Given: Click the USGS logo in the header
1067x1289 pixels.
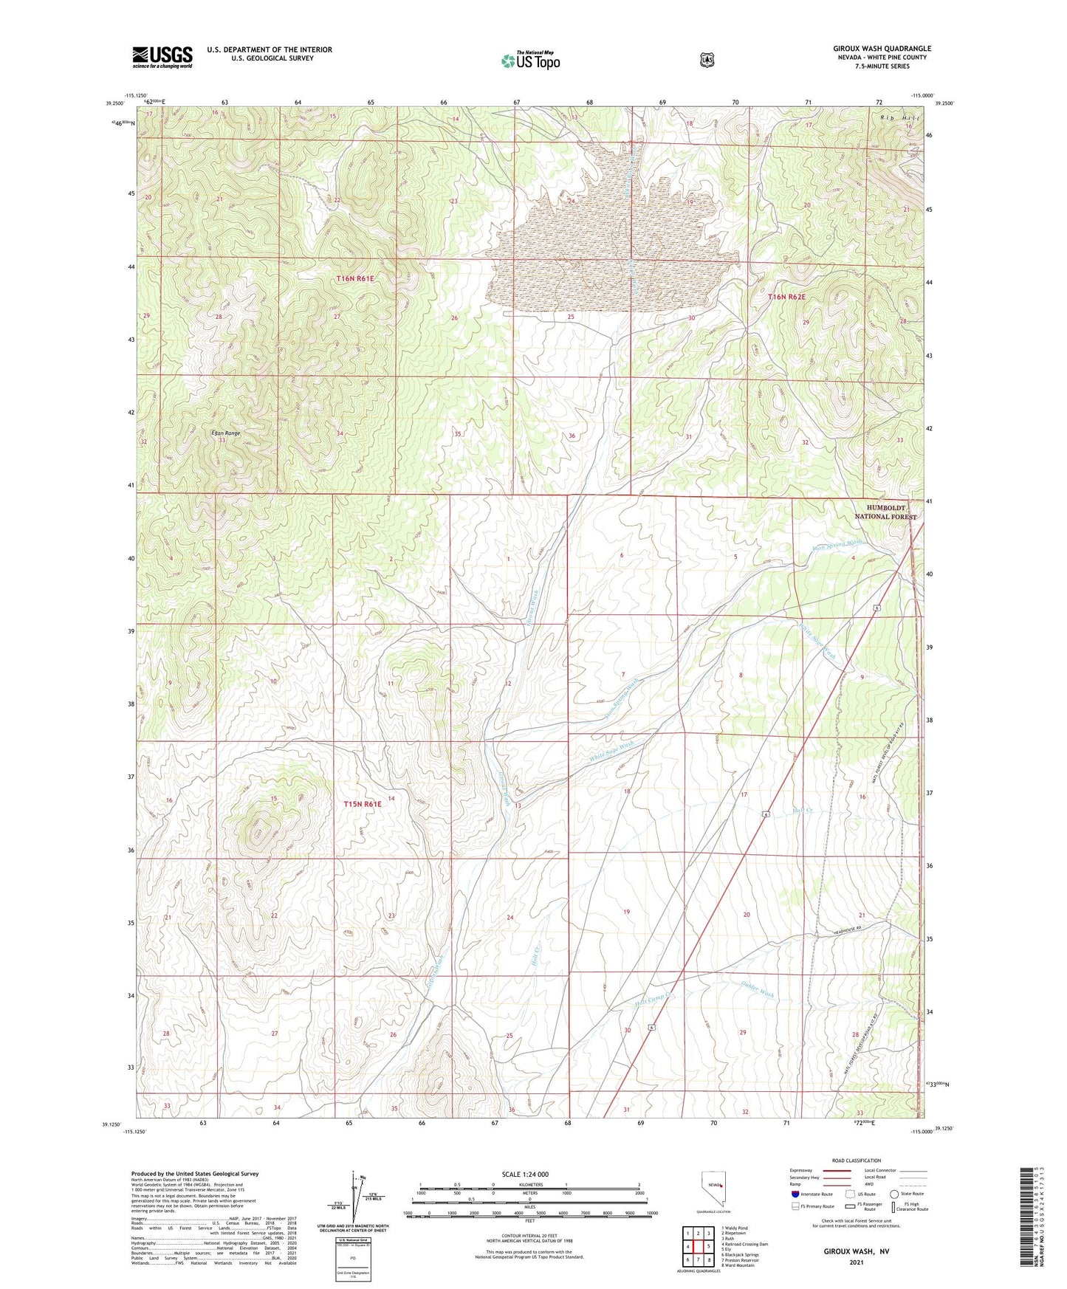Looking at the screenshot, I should [162, 57].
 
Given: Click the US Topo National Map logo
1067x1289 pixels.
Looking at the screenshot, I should [530, 61].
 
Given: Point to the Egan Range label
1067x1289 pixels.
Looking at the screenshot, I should [225, 433].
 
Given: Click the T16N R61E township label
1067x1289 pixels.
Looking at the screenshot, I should [355, 278].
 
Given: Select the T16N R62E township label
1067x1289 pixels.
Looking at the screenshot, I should [786, 297].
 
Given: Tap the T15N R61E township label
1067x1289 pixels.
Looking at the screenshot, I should [363, 804].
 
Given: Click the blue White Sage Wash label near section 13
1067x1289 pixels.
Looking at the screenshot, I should [611, 752].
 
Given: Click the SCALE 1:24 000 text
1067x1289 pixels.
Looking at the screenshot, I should [525, 1174].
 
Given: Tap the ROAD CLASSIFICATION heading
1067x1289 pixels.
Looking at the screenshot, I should [856, 1161].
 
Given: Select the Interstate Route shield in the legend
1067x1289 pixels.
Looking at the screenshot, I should [795, 1193].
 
